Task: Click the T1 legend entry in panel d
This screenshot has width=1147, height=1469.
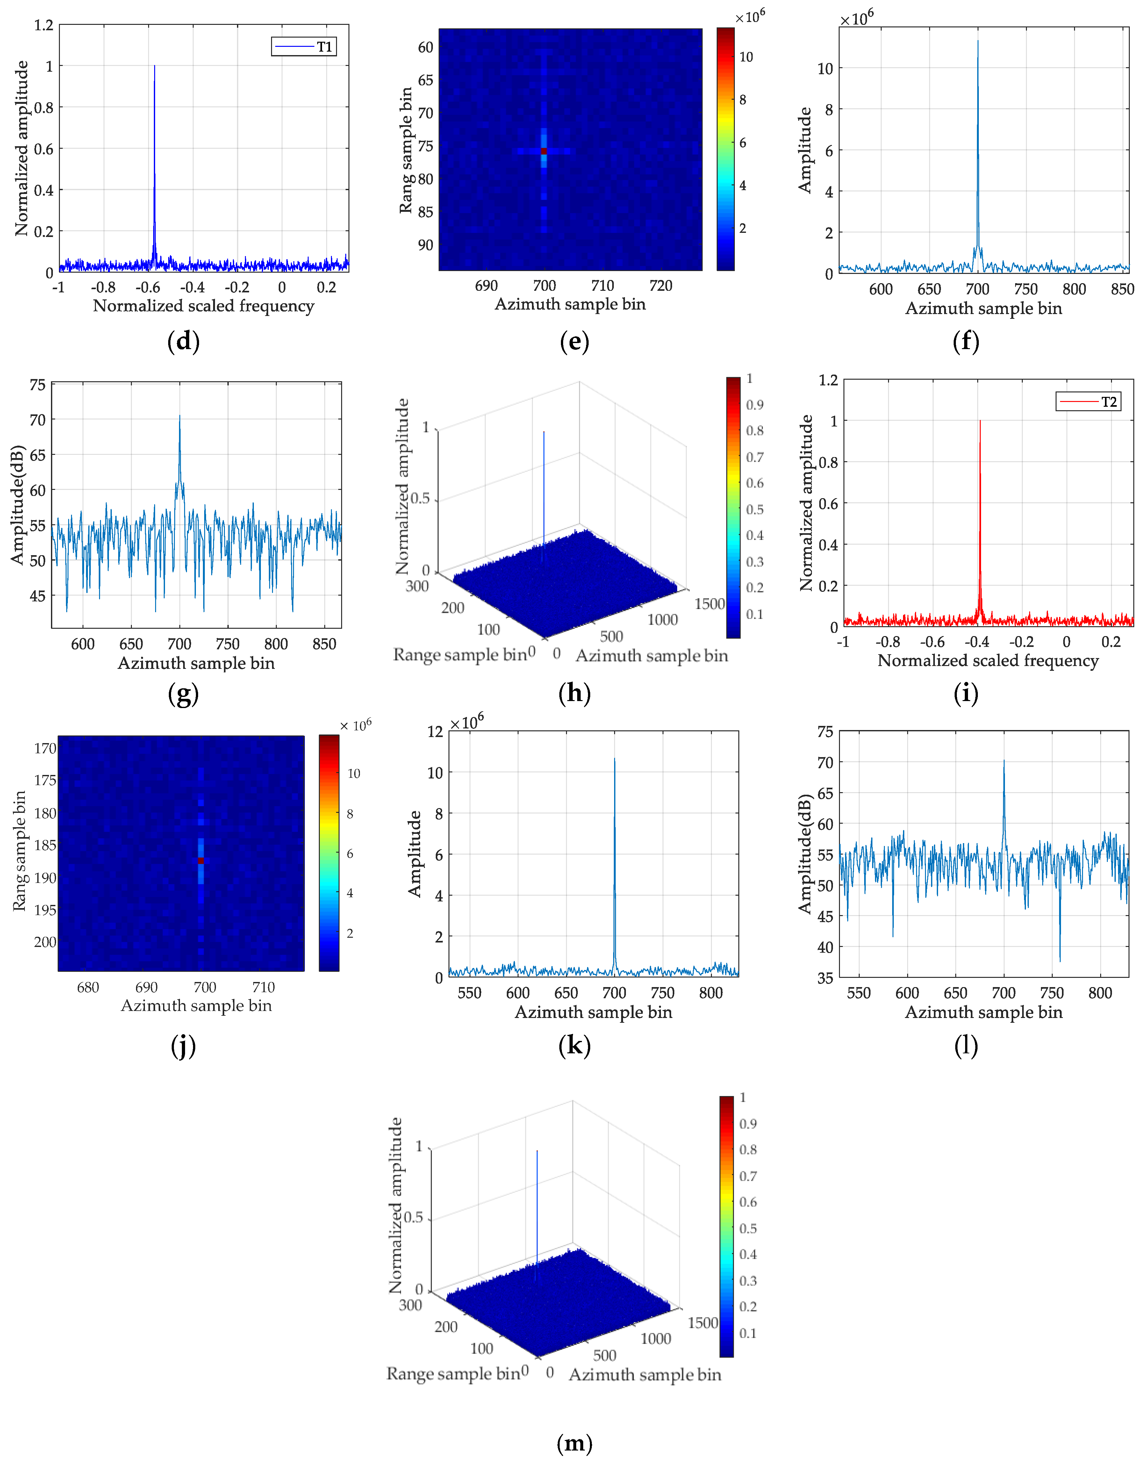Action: tap(304, 47)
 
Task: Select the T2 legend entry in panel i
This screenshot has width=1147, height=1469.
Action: tap(1088, 402)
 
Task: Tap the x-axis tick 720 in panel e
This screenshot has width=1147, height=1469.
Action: tap(661, 286)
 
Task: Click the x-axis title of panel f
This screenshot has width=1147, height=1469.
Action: tap(984, 309)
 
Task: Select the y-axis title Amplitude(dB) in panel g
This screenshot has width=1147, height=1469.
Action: tap(18, 505)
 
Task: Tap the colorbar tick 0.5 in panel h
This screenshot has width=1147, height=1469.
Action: tap(755, 509)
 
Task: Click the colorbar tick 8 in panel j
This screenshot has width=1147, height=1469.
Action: tap(350, 814)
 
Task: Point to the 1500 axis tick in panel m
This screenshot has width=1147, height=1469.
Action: tap(702, 1323)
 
